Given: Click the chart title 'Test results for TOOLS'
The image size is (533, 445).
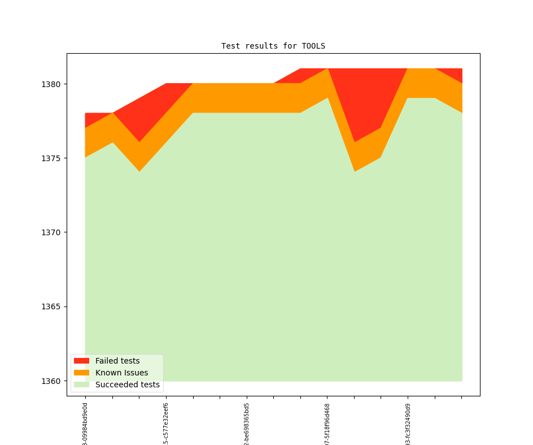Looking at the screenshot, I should pos(273,46).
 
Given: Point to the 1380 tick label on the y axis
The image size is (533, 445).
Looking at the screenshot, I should pos(50,84).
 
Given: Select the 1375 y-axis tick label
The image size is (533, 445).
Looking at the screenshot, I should pos(50,158).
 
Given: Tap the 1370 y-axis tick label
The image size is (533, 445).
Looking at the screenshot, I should pos(50,232).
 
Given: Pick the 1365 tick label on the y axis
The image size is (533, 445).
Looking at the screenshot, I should pos(50,307).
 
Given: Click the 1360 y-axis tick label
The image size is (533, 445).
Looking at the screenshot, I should pos(50,381).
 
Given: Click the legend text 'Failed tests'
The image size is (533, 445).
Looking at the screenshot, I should pos(117,361).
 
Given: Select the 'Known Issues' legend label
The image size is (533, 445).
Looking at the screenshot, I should pos(121,373).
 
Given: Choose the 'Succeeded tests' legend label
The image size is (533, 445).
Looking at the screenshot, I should pos(128,384).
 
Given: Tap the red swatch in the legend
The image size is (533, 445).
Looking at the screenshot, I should pos(81,361).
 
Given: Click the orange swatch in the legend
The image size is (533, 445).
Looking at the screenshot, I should pos(81,373).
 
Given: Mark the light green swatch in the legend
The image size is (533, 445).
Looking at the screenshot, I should pos(81,384).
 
